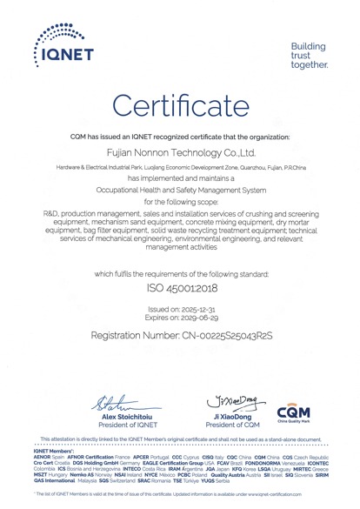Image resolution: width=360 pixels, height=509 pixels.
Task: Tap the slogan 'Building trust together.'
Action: (x=309, y=55)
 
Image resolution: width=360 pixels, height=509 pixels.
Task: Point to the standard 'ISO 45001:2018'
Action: (x=179, y=285)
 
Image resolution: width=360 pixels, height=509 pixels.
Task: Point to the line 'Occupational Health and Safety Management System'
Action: (x=179, y=189)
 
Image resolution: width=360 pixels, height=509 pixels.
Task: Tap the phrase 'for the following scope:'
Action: (x=179, y=201)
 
